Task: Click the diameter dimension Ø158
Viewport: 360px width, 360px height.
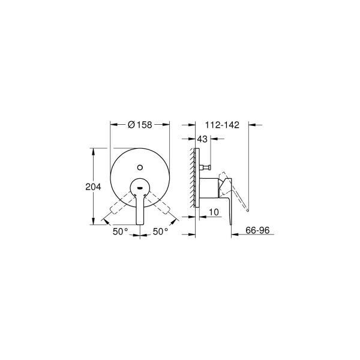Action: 140,125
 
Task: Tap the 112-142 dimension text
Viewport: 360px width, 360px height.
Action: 222,125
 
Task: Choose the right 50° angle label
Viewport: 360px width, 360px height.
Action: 160,230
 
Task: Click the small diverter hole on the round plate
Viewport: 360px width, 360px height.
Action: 140,166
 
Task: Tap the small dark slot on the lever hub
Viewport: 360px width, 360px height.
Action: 140,188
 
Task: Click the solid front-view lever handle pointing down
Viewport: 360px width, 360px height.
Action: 140,210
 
